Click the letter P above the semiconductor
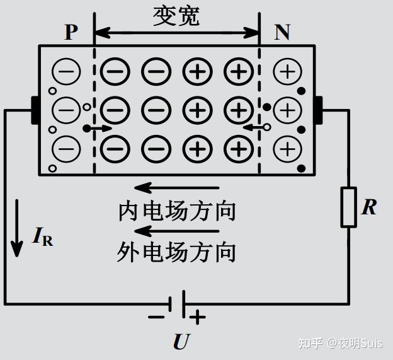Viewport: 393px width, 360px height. pyautogui.click(x=71, y=32)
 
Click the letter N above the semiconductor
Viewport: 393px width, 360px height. pyautogui.click(x=282, y=32)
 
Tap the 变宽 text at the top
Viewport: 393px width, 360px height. pyautogui.click(x=176, y=16)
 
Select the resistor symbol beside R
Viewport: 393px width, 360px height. pyautogui.click(x=349, y=207)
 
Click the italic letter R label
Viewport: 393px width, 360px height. pyautogui.click(x=369, y=207)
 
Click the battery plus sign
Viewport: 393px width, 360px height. pyautogui.click(x=198, y=317)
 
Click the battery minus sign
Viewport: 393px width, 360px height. pyautogui.click(x=156, y=317)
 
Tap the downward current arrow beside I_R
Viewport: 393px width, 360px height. pyautogui.click(x=17, y=228)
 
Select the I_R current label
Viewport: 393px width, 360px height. pyautogui.click(x=43, y=236)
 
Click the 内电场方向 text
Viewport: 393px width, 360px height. pyautogui.click(x=177, y=211)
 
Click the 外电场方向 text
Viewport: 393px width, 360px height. pyautogui.click(x=176, y=252)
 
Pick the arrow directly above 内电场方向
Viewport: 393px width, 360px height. pyautogui.click(x=177, y=188)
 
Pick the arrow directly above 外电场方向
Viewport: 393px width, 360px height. pyautogui.click(x=177, y=231)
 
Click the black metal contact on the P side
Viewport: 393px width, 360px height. pyautogui.click(x=35, y=110)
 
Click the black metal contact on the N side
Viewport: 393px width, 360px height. pyautogui.click(x=319, y=110)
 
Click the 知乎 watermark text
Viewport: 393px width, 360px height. pyautogui.click(x=310, y=343)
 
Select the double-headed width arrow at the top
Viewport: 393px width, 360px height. pyautogui.click(x=177, y=33)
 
